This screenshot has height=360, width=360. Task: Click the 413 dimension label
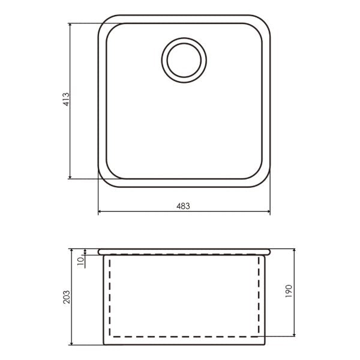pos(66,99)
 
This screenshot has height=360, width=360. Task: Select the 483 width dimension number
pos(183,206)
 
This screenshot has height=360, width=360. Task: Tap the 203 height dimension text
pos(67,297)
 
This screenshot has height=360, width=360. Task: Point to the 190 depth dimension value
pos(289,292)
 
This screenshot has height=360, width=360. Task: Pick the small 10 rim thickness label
pos(80,261)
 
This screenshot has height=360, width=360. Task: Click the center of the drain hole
pos(184,60)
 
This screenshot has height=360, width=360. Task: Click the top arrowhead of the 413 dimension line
pos(70,25)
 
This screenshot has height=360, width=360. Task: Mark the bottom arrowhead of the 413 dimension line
pos(70,177)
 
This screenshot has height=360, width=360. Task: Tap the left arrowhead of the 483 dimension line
pos(100,211)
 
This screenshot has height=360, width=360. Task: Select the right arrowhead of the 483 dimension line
pos(268,211)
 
